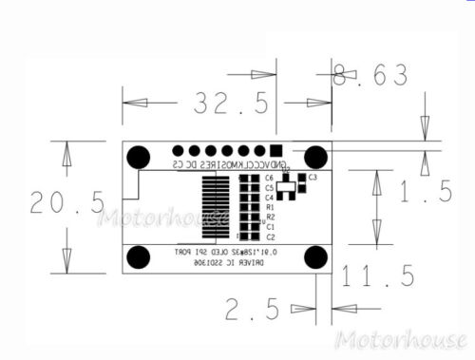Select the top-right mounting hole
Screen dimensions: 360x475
(315, 157)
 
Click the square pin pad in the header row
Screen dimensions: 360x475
(275, 150)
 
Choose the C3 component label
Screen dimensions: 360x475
(313, 178)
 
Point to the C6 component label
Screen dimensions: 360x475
(270, 178)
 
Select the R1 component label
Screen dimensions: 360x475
(270, 207)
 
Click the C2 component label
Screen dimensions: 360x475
(270, 237)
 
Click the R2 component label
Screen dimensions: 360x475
(270, 218)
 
